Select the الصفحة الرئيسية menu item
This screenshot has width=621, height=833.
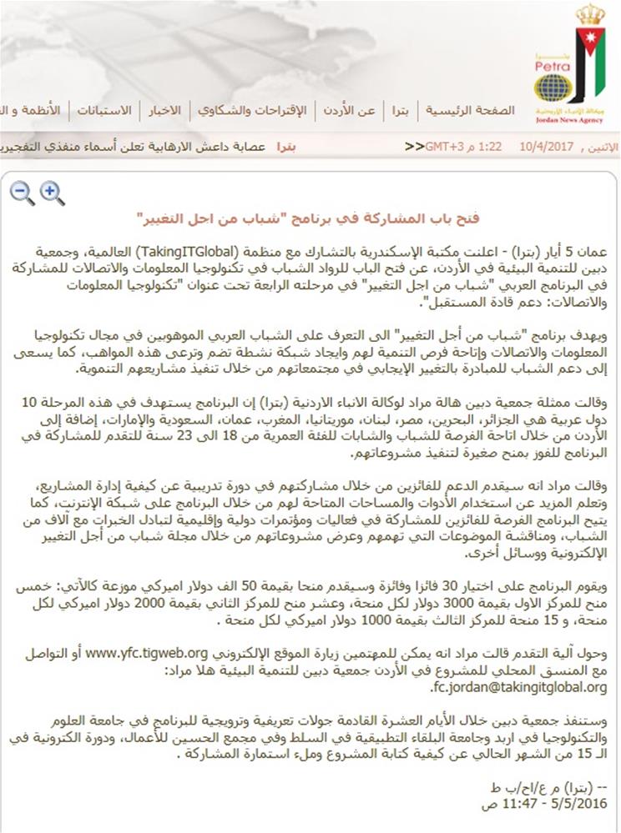(470, 111)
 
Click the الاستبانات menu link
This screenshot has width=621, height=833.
(104, 111)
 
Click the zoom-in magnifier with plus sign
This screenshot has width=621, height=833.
(52, 193)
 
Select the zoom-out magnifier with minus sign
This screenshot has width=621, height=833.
(22, 193)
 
